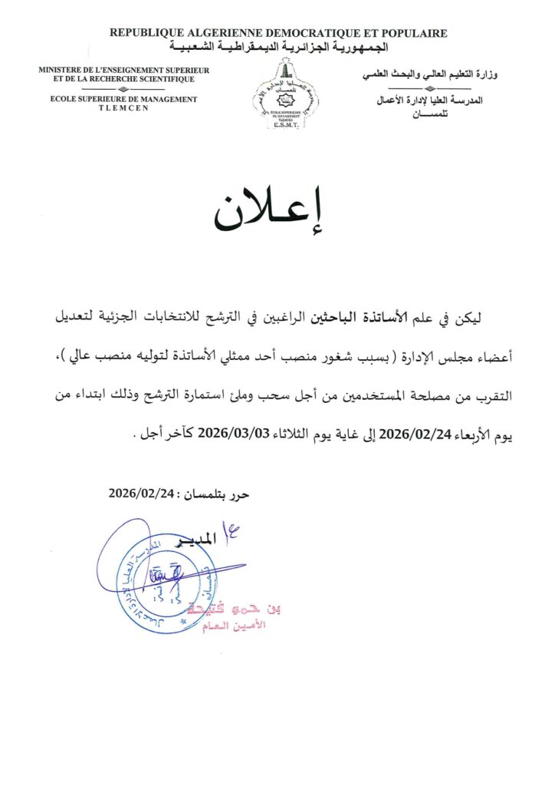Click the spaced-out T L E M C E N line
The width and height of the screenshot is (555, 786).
[123, 108]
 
